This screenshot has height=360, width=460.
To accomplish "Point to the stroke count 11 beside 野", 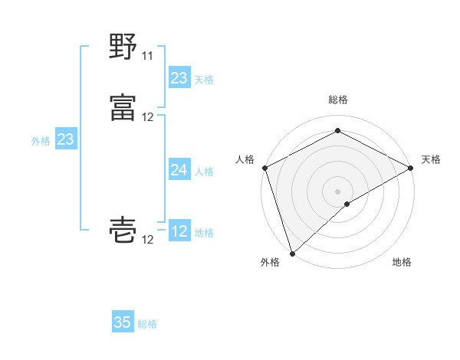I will pos(147,56).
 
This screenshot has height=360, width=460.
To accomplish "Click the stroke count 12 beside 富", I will pos(148,117).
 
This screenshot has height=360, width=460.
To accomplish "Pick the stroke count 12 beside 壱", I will pos(148,240).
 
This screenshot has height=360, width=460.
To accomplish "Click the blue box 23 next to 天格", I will pos(179,78).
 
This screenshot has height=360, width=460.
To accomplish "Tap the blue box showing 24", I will pos(179,170).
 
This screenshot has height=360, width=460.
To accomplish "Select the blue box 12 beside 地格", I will pos(179,231).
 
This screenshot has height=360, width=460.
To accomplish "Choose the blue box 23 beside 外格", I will pos(66,139).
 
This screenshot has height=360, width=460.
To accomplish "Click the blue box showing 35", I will pos(123,322).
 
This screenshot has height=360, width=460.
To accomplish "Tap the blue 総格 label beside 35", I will pos(147,324).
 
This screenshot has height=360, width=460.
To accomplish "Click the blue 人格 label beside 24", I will pos(204,172).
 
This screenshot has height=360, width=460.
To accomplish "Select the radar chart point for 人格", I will pos(264,168).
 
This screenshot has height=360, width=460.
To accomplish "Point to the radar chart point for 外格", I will pos(292,254).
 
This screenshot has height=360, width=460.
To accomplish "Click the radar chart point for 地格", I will pos(347,204).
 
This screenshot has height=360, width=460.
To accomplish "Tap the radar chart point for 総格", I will pos(337,130).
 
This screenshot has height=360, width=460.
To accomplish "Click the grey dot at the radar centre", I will pos(337,191).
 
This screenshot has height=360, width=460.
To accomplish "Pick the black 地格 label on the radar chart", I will pos(402,263).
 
